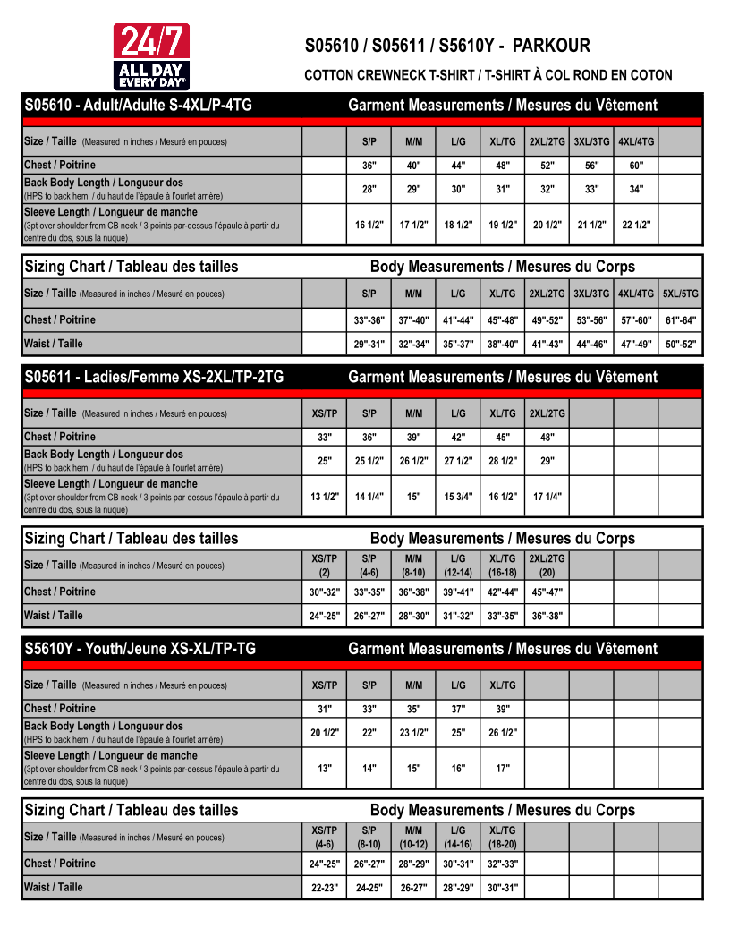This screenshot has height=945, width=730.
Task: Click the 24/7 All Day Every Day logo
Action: pyautogui.click(x=151, y=55)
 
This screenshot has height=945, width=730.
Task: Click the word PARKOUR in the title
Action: pyautogui.click(x=551, y=46)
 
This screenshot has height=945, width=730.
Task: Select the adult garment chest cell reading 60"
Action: pyautogui.click(x=636, y=166)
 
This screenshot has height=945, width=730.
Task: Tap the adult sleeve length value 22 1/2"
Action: pyautogui.click(x=636, y=226)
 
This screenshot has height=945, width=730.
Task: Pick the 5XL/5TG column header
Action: pyautogui.click(x=681, y=294)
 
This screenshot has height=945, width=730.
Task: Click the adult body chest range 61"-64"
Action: pyautogui.click(x=681, y=320)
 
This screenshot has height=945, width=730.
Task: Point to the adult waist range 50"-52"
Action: pyautogui.click(x=681, y=344)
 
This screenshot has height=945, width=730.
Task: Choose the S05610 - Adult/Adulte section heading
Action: pyautogui.click(x=138, y=106)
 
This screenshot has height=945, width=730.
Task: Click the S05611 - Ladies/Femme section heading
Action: pyautogui.click(x=154, y=378)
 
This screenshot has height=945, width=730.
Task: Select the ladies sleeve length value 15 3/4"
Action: pyautogui.click(x=458, y=498)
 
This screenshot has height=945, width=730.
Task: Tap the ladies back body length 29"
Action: pyautogui.click(x=547, y=462)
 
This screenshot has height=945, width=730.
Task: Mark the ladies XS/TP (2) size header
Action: pyautogui.click(x=325, y=566)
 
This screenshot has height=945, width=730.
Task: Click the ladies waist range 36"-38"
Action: pyautogui.click(x=547, y=616)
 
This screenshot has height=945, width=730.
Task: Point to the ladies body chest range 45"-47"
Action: pyautogui.click(x=547, y=592)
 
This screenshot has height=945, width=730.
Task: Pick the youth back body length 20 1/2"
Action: pyautogui.click(x=325, y=733)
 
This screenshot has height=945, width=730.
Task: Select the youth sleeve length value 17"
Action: pyautogui.click(x=503, y=769)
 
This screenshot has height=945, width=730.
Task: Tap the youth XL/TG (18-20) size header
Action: pyautogui.click(x=503, y=838)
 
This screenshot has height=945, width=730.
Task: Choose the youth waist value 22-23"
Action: pyautogui.click(x=325, y=888)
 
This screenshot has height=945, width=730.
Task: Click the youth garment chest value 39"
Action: pyautogui.click(x=503, y=709)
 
